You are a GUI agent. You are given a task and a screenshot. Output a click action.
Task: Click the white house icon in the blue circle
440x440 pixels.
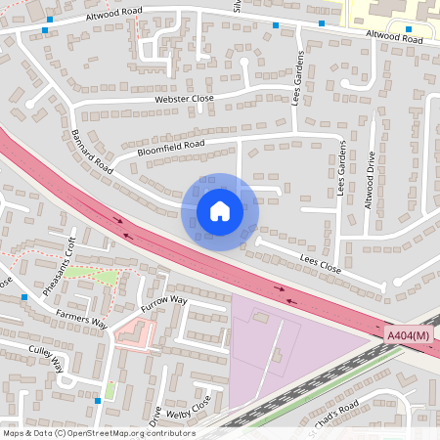220,211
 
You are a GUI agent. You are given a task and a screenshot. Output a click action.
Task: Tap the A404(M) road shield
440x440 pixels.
408,336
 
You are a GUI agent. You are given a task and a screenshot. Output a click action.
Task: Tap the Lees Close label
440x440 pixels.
320,266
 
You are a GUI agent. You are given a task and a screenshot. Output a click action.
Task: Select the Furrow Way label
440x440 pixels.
163,301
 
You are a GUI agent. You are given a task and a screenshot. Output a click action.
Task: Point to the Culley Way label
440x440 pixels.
46,359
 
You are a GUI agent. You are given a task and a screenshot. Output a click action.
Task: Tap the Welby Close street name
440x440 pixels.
189,407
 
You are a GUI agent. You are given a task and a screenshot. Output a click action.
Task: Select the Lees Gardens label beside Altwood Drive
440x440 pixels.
342,167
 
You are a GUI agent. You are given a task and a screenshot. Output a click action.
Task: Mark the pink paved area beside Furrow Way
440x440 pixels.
134,334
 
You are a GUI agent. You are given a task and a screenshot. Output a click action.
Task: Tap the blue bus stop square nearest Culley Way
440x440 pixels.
98,400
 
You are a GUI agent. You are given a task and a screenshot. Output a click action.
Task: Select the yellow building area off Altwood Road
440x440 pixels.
391,12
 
